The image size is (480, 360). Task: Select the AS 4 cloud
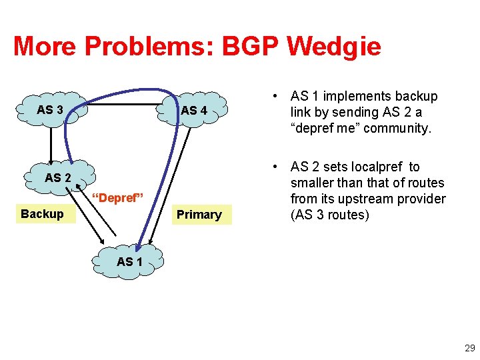point(194,111)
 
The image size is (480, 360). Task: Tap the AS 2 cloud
point(58,177)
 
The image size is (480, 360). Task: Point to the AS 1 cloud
point(129,261)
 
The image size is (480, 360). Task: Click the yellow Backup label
point(42,214)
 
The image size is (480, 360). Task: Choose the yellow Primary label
point(199,215)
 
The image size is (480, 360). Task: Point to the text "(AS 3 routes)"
point(329,215)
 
